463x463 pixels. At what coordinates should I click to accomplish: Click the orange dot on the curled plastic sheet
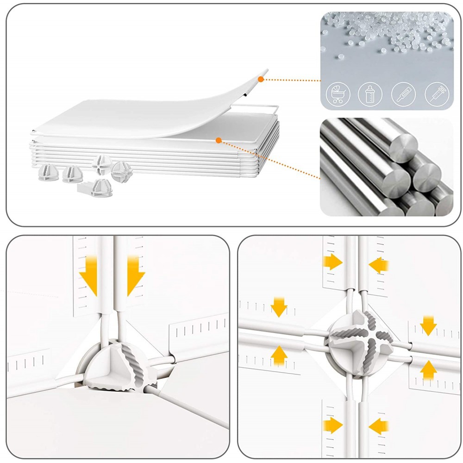261,80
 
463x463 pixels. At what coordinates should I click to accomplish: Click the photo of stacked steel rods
386,167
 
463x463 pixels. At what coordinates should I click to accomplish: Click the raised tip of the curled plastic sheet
265,72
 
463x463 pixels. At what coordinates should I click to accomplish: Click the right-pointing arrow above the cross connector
333,263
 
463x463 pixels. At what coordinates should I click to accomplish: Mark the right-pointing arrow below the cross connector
333,425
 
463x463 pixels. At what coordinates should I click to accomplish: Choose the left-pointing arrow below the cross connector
379,425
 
